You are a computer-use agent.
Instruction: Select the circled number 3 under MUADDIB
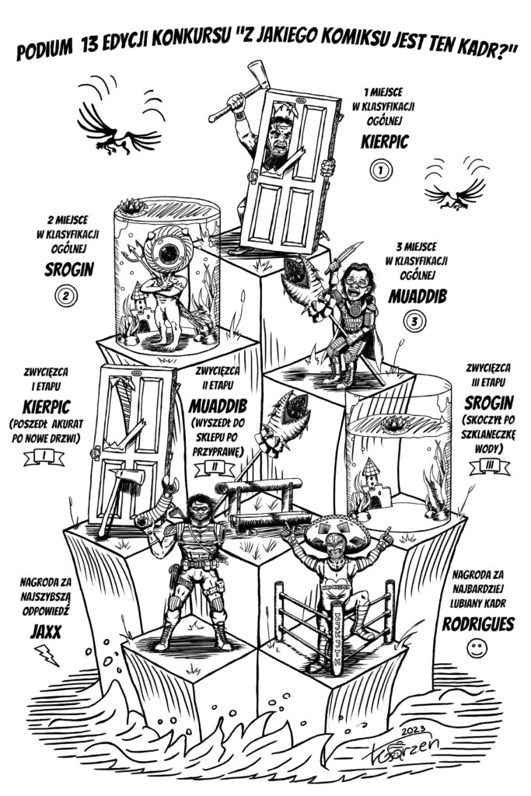pos(415,320)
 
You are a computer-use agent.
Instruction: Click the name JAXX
pos(46,631)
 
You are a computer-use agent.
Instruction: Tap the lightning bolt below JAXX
pos(47,658)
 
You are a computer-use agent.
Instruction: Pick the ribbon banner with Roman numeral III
pos(488,465)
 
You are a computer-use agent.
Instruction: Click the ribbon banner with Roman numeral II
pos(217,466)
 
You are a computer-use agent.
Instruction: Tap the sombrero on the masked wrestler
pos(336,532)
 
